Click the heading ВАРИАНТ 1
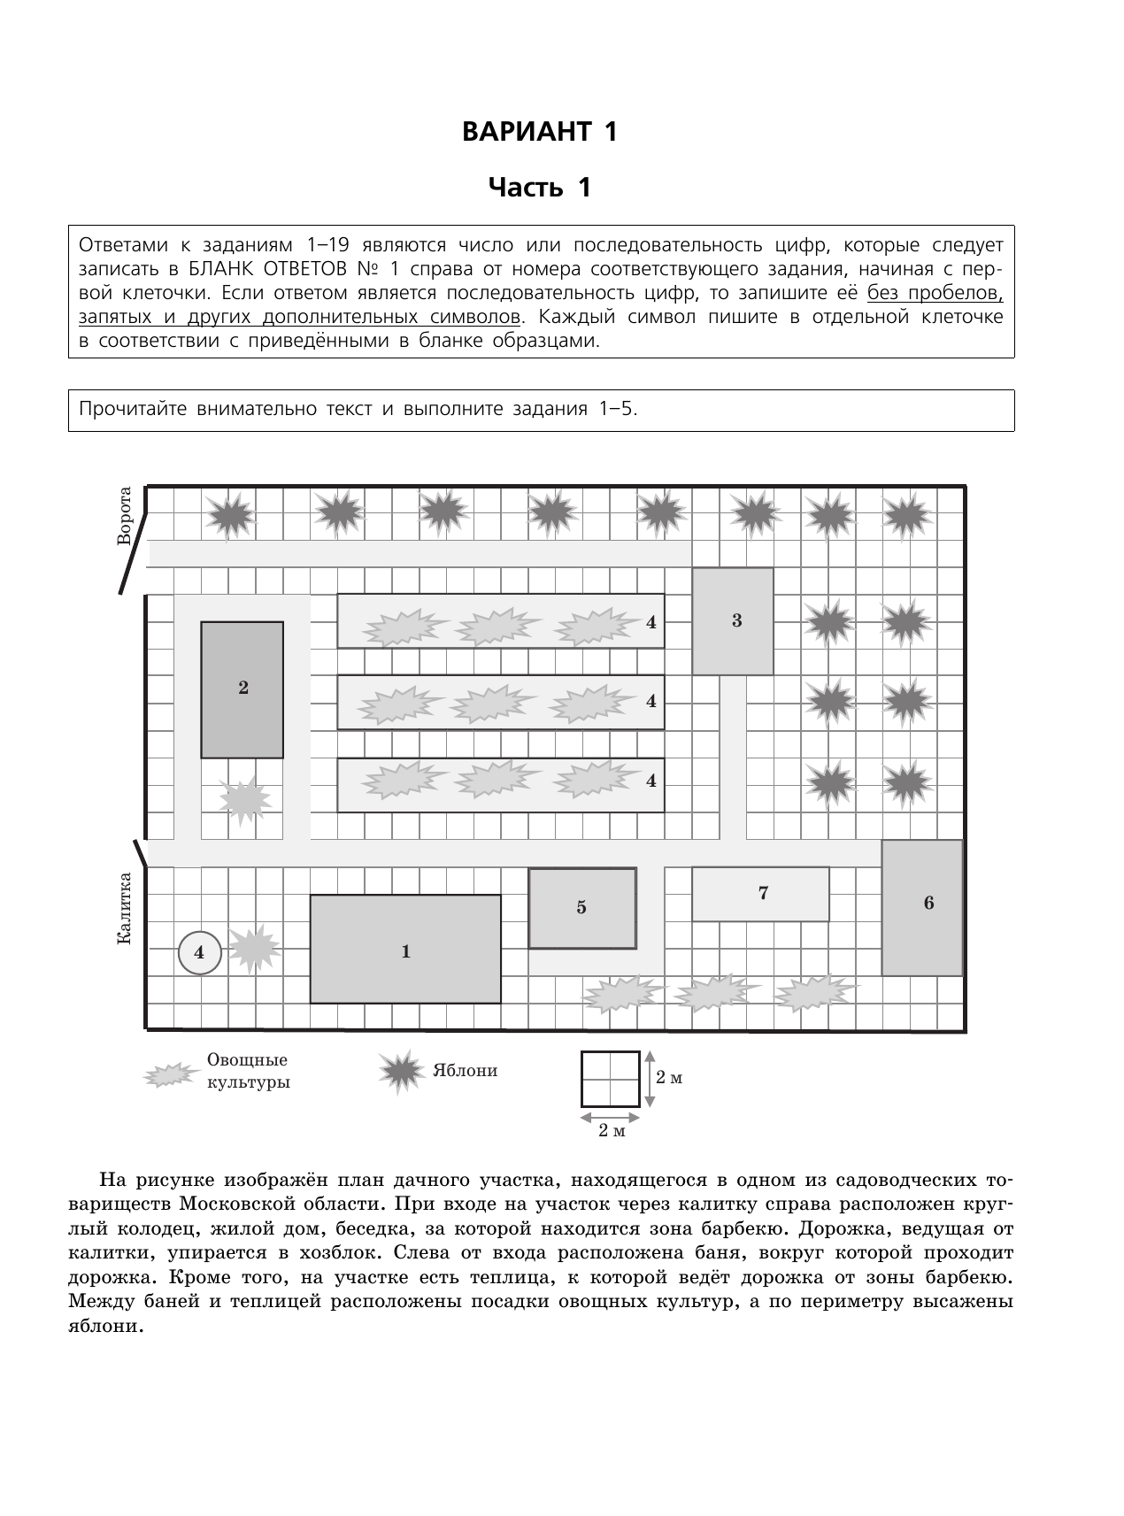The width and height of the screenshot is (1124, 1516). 539,132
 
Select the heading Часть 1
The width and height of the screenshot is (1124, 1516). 539,188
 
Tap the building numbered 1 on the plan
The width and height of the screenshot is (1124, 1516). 405,950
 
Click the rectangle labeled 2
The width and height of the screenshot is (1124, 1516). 243,689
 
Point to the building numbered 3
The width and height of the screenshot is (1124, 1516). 733,621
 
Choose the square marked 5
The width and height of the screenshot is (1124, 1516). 581,908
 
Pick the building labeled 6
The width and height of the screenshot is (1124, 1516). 922,907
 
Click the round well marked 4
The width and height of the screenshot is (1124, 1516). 199,952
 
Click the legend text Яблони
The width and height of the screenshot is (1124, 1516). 465,1071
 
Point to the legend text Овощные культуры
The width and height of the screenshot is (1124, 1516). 247,1071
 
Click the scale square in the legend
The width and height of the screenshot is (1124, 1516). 611,1079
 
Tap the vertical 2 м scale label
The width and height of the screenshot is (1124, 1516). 669,1078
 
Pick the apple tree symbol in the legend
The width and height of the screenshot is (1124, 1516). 403,1071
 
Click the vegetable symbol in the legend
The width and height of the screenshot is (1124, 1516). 171,1074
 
